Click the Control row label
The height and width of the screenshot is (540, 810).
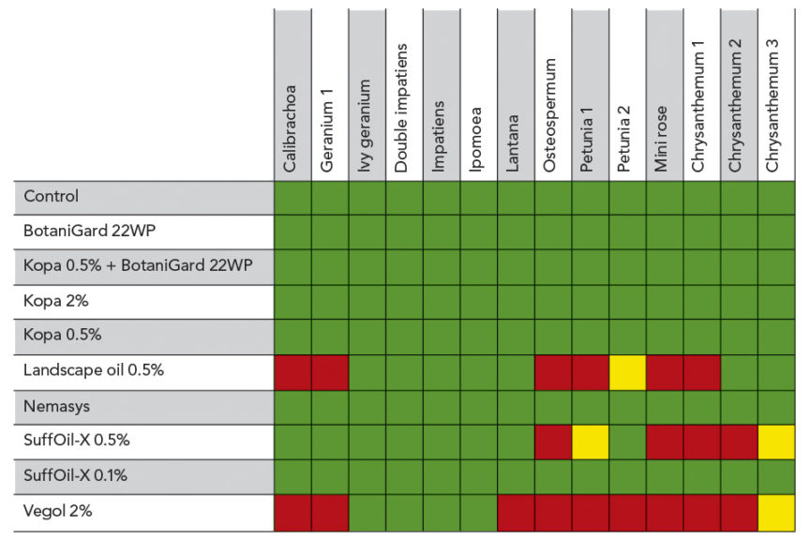click(51, 197)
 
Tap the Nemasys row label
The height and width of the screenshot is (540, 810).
click(57, 406)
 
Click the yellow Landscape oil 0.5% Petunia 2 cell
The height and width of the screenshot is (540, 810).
click(627, 372)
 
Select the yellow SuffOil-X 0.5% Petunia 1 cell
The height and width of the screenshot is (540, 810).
click(590, 442)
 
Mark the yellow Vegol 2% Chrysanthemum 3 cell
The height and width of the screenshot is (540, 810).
click(775, 512)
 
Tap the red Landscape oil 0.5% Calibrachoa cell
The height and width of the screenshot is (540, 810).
click(292, 372)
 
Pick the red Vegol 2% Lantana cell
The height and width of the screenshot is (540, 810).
click(516, 512)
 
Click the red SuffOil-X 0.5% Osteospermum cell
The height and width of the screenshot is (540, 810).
click(553, 442)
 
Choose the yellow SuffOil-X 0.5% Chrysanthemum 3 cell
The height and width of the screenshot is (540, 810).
click(775, 442)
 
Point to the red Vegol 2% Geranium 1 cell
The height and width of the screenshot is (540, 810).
click(330, 512)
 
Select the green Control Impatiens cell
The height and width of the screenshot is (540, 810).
click(442, 197)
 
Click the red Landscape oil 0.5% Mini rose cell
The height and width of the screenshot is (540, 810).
click(664, 372)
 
